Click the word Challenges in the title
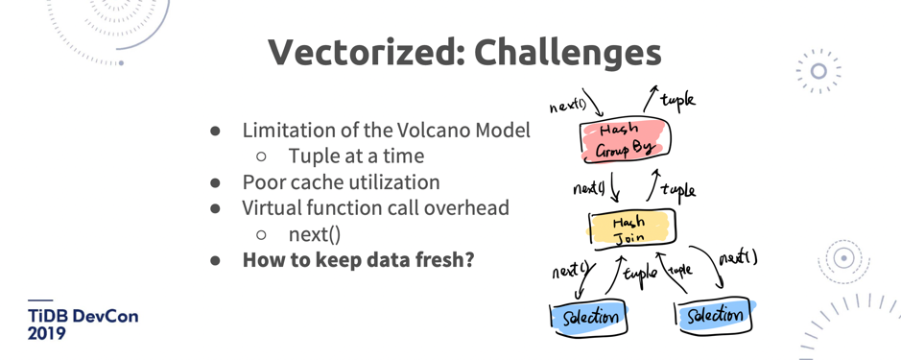click(x=568, y=53)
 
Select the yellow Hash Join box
click(x=631, y=228)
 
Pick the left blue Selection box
click(x=588, y=316)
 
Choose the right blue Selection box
click(x=714, y=314)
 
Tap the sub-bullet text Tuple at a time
click(x=356, y=156)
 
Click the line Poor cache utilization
click(x=341, y=181)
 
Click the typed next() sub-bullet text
click(x=315, y=234)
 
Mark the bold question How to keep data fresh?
click(x=358, y=259)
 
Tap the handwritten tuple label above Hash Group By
click(x=677, y=100)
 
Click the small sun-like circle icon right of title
click(x=818, y=71)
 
